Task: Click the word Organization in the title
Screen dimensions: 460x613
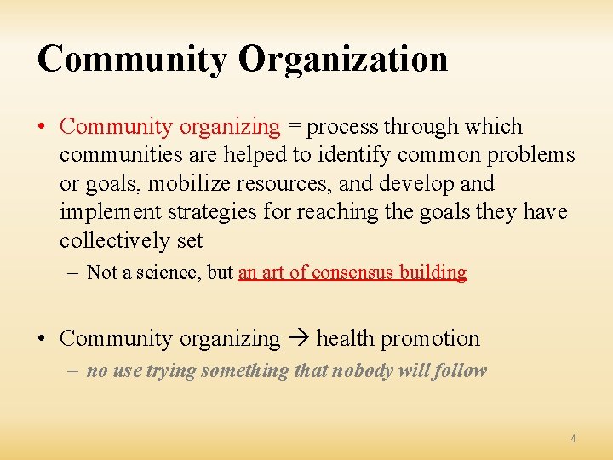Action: (x=343, y=59)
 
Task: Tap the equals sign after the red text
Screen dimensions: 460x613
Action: (x=294, y=127)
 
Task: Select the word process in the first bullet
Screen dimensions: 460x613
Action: (x=342, y=128)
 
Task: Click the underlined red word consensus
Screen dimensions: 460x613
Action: (x=347, y=273)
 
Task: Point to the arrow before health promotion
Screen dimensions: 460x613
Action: (x=298, y=339)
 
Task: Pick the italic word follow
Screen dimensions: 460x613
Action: (x=461, y=371)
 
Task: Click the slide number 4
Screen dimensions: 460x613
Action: (x=573, y=438)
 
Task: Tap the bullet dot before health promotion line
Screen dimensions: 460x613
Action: (x=42, y=339)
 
